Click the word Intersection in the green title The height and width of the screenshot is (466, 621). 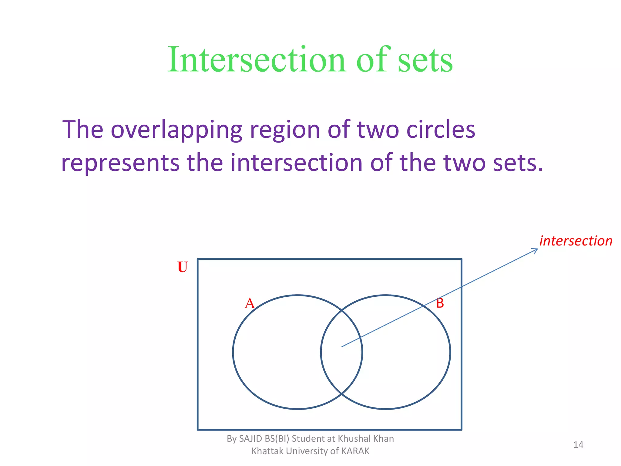pos(257,59)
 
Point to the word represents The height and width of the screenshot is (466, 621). pos(120,163)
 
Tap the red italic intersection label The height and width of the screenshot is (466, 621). pos(576,241)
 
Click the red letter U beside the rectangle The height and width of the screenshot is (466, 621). pos(183,267)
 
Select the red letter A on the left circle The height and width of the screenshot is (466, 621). pos(250,303)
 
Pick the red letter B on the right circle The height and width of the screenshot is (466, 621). pos(440,303)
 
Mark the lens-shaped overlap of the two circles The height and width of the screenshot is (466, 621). pos(341,352)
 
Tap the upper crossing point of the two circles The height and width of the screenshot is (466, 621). pos(341,310)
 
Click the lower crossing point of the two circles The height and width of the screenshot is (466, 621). pos(341,394)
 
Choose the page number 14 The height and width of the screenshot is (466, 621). pos(578,445)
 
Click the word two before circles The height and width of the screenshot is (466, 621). pos(378,130)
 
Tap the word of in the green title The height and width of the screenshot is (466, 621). pos(372,59)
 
